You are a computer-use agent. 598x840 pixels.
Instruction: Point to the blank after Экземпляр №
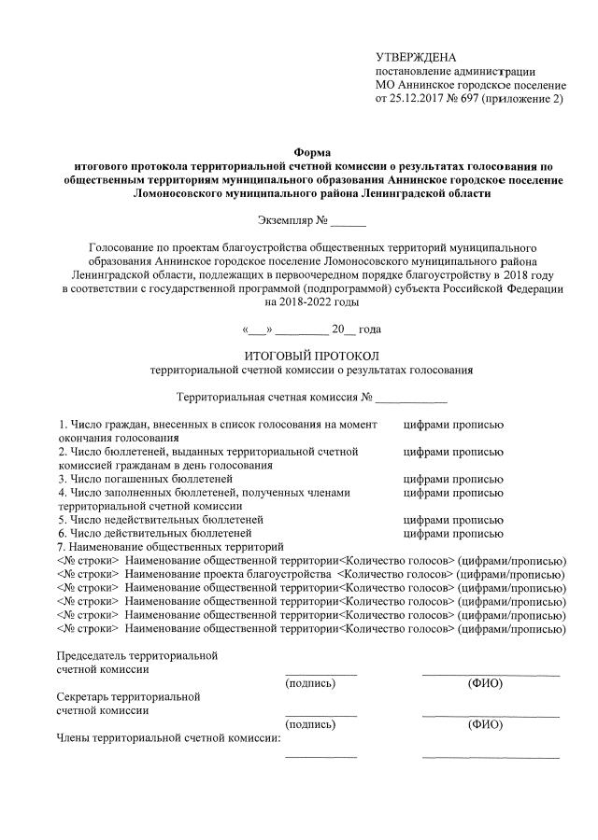pyautogui.click(x=349, y=222)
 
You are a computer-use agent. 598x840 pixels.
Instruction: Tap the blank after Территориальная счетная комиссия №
pyautogui.click(x=411, y=397)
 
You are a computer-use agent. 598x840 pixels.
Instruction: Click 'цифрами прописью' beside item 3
pyautogui.click(x=453, y=479)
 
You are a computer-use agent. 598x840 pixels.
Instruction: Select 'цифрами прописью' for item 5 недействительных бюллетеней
pyautogui.click(x=453, y=519)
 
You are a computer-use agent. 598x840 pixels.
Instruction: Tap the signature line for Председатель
pyautogui.click(x=320, y=672)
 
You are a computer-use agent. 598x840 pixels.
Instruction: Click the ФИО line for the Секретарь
pyautogui.click(x=491, y=714)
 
